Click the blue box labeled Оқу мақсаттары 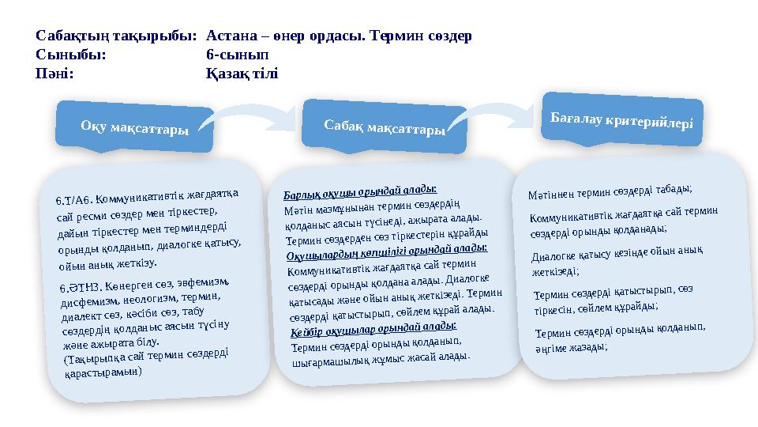tap(134, 127)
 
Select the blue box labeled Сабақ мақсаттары tap(385, 127)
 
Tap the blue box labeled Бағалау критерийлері tap(622, 119)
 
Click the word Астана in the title tap(231, 36)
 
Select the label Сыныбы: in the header tap(70, 55)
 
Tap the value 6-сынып tap(238, 55)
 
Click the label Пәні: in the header tap(54, 74)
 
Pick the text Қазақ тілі tap(242, 74)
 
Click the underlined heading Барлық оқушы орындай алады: tap(360, 192)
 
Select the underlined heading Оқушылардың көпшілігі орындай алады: tap(387, 252)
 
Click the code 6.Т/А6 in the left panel tap(74, 199)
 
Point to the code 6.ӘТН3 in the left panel tap(80, 287)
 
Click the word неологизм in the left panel tap(150, 299)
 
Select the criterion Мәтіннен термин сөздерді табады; tap(610, 191)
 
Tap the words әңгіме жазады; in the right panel tap(571, 348)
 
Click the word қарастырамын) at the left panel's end tap(103, 372)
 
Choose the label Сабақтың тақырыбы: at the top tap(116, 36)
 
